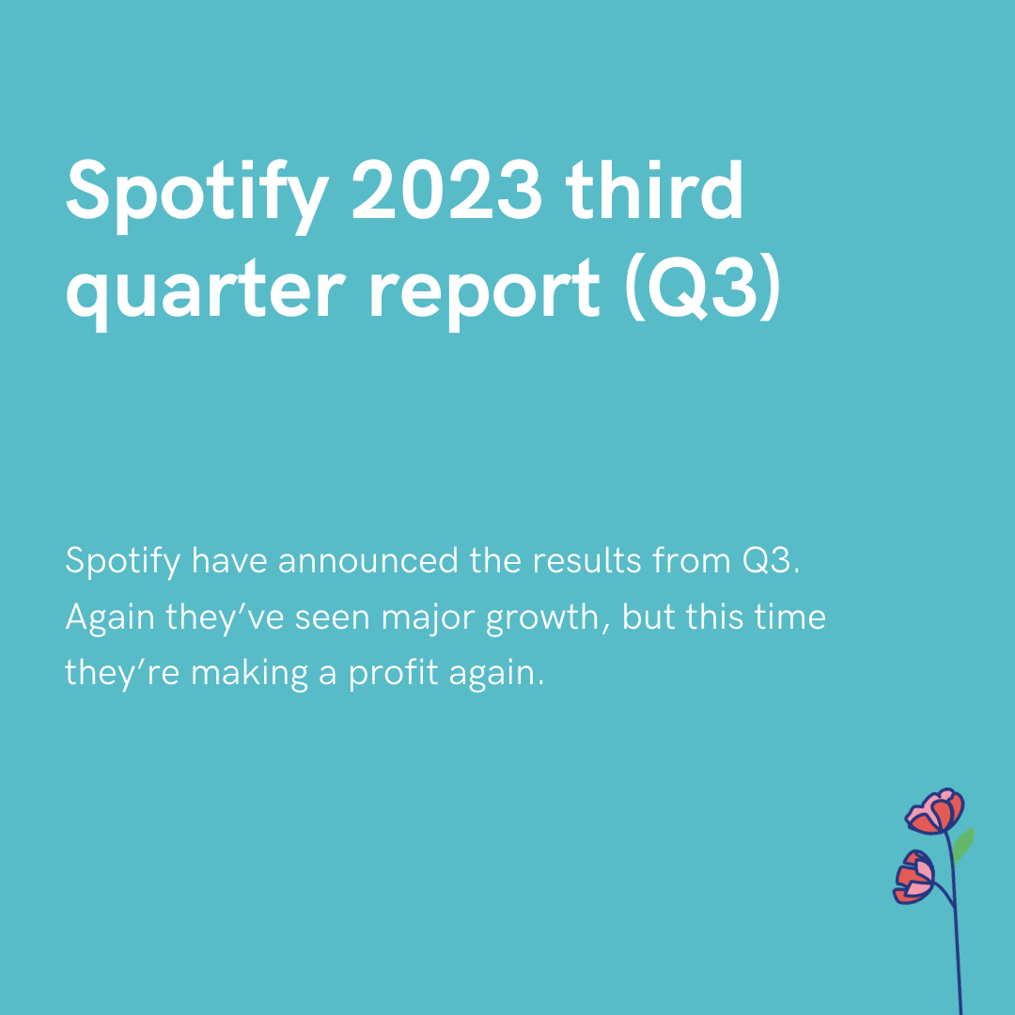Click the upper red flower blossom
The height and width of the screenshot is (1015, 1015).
(x=935, y=812)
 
